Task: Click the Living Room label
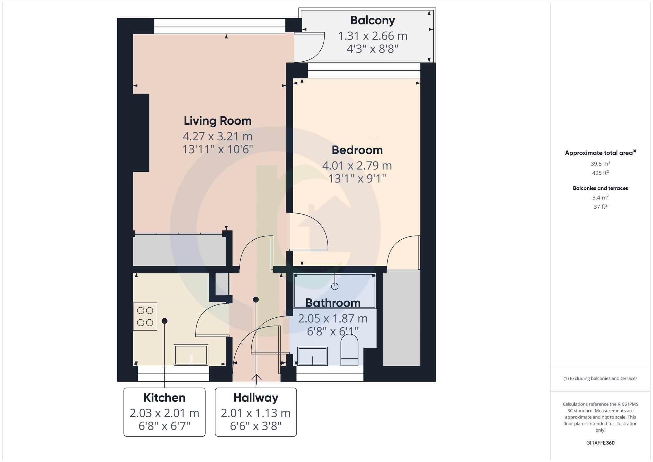(217, 121)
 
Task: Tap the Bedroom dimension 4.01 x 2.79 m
(357, 166)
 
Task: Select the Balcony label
(372, 20)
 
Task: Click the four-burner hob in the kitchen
(145, 316)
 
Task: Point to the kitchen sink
(191, 355)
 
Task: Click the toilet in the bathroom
(349, 351)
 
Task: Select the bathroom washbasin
(312, 356)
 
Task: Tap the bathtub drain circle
(335, 286)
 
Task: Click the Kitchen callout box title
(164, 398)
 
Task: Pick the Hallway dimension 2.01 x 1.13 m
(256, 413)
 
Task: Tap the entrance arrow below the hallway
(256, 378)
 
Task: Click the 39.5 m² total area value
(600, 164)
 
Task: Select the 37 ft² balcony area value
(600, 207)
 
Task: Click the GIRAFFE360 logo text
(600, 443)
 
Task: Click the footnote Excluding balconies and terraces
(600, 378)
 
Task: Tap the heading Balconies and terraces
(600, 188)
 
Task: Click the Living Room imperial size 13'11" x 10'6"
(217, 149)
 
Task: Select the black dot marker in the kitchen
(165, 321)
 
